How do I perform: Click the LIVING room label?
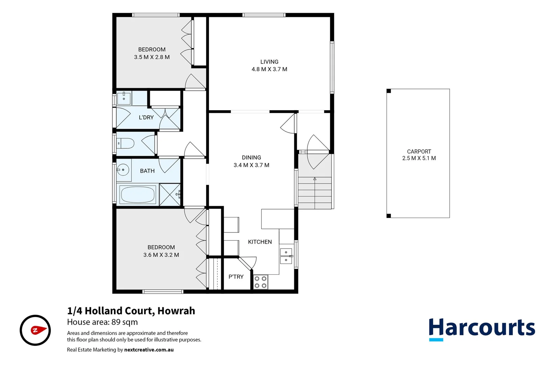point(269,62)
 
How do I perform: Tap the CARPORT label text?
point(419,151)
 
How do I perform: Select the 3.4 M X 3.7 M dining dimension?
point(251,165)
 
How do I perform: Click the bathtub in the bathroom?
point(138,195)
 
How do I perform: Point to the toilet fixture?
point(126,143)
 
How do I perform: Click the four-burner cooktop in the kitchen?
point(260,282)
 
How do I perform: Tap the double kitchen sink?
point(286,256)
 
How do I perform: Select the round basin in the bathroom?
point(123,170)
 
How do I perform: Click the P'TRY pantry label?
point(236,277)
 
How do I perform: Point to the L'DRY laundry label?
point(146,118)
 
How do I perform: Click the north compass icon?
point(35,330)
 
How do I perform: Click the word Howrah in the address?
point(176,311)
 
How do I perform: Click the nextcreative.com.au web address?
point(149,350)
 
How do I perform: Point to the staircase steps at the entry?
point(315,193)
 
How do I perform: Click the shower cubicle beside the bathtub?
point(170,195)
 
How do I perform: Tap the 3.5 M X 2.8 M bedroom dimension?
point(152,57)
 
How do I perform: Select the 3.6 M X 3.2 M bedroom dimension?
point(161,255)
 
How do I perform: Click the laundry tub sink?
point(124,98)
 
